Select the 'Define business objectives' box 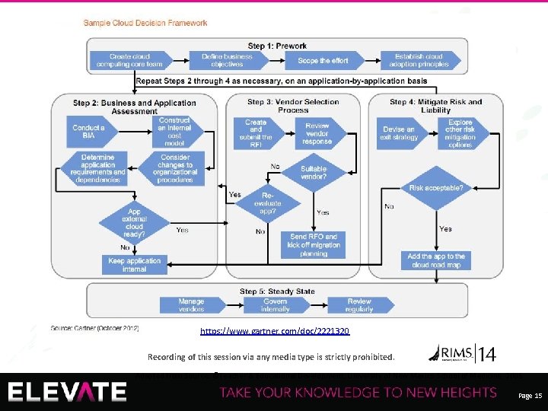click(227, 61)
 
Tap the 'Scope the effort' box click(324, 61)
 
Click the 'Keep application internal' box click(134, 265)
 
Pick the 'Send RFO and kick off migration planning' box click(313, 245)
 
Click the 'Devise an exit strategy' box click(404, 132)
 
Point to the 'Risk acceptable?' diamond click(436, 187)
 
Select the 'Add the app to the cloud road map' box click(436, 261)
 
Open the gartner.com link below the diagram click(275, 332)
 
